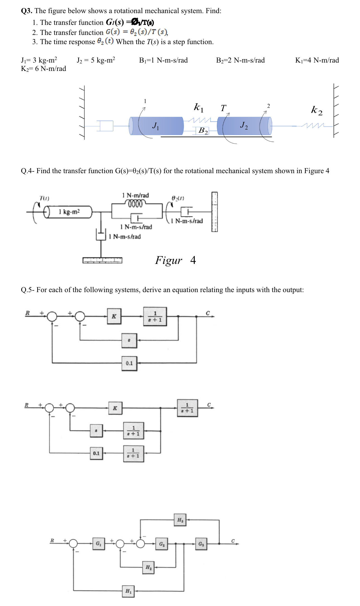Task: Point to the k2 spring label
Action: tap(317, 110)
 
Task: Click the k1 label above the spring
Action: tap(199, 107)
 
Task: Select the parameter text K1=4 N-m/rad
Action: tap(317, 60)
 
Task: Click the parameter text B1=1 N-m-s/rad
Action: tap(163, 60)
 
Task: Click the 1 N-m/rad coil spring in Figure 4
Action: tap(135, 204)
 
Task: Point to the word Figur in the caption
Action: tap(169, 260)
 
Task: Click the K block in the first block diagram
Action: tap(114, 316)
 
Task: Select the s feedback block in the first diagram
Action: tap(129, 340)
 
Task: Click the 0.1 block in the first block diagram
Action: tap(129, 363)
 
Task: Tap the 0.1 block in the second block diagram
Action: tap(96, 453)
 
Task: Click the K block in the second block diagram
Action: tap(115, 408)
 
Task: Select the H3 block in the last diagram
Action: tap(180, 520)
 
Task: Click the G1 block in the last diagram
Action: tap(99, 544)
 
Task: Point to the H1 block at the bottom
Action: tap(128, 591)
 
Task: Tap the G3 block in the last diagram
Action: tap(201, 544)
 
